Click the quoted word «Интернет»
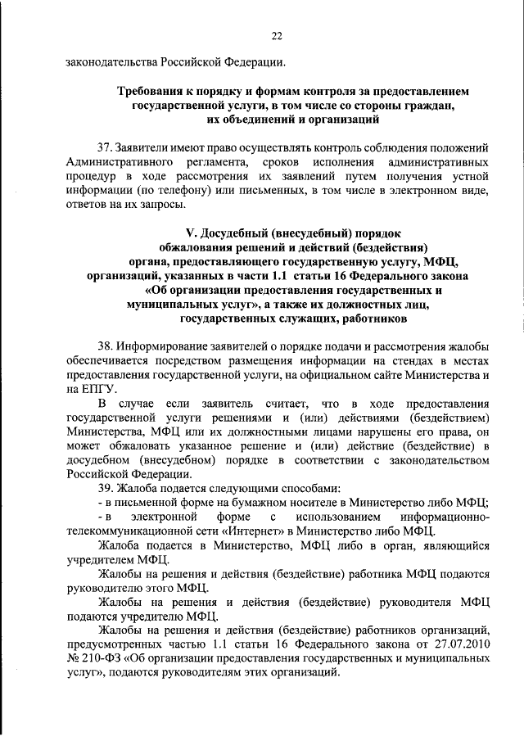coord(259,530)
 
